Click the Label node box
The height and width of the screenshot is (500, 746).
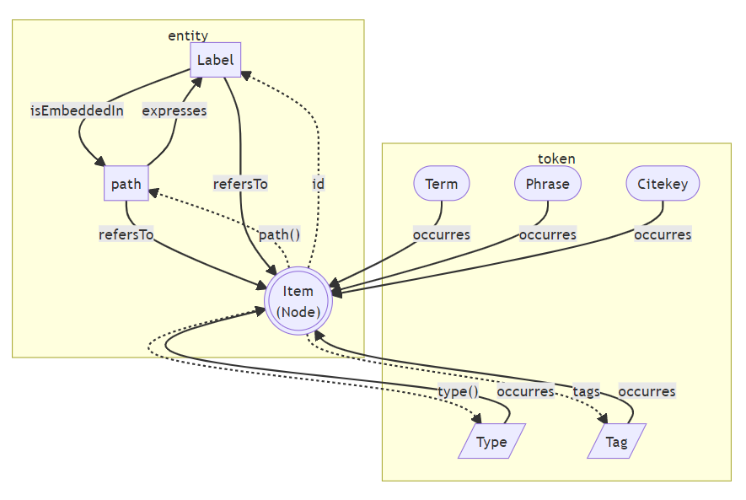(x=215, y=60)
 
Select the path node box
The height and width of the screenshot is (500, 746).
(x=126, y=184)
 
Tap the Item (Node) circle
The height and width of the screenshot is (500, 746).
(x=298, y=301)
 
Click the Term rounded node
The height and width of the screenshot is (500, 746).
(x=442, y=184)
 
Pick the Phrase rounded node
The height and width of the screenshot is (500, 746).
(x=547, y=184)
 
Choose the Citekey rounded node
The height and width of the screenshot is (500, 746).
(x=663, y=184)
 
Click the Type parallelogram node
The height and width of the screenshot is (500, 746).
(x=491, y=441)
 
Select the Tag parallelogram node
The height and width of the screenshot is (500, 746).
(x=616, y=441)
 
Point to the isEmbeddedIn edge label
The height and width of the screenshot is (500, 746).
(x=77, y=110)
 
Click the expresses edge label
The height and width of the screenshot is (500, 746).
(x=174, y=110)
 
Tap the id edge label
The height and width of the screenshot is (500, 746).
(x=318, y=184)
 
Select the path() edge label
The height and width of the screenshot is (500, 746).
(x=279, y=234)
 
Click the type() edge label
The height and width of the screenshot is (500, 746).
(x=458, y=391)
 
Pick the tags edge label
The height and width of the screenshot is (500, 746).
(x=586, y=391)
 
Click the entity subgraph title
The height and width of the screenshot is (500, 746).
(x=188, y=35)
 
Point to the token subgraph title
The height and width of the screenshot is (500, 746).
(x=556, y=159)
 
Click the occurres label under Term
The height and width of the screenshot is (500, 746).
(x=442, y=234)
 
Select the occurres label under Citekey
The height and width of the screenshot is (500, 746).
(x=663, y=234)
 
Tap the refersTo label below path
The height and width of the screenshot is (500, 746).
(x=126, y=234)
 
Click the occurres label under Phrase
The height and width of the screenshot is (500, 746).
(x=547, y=234)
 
